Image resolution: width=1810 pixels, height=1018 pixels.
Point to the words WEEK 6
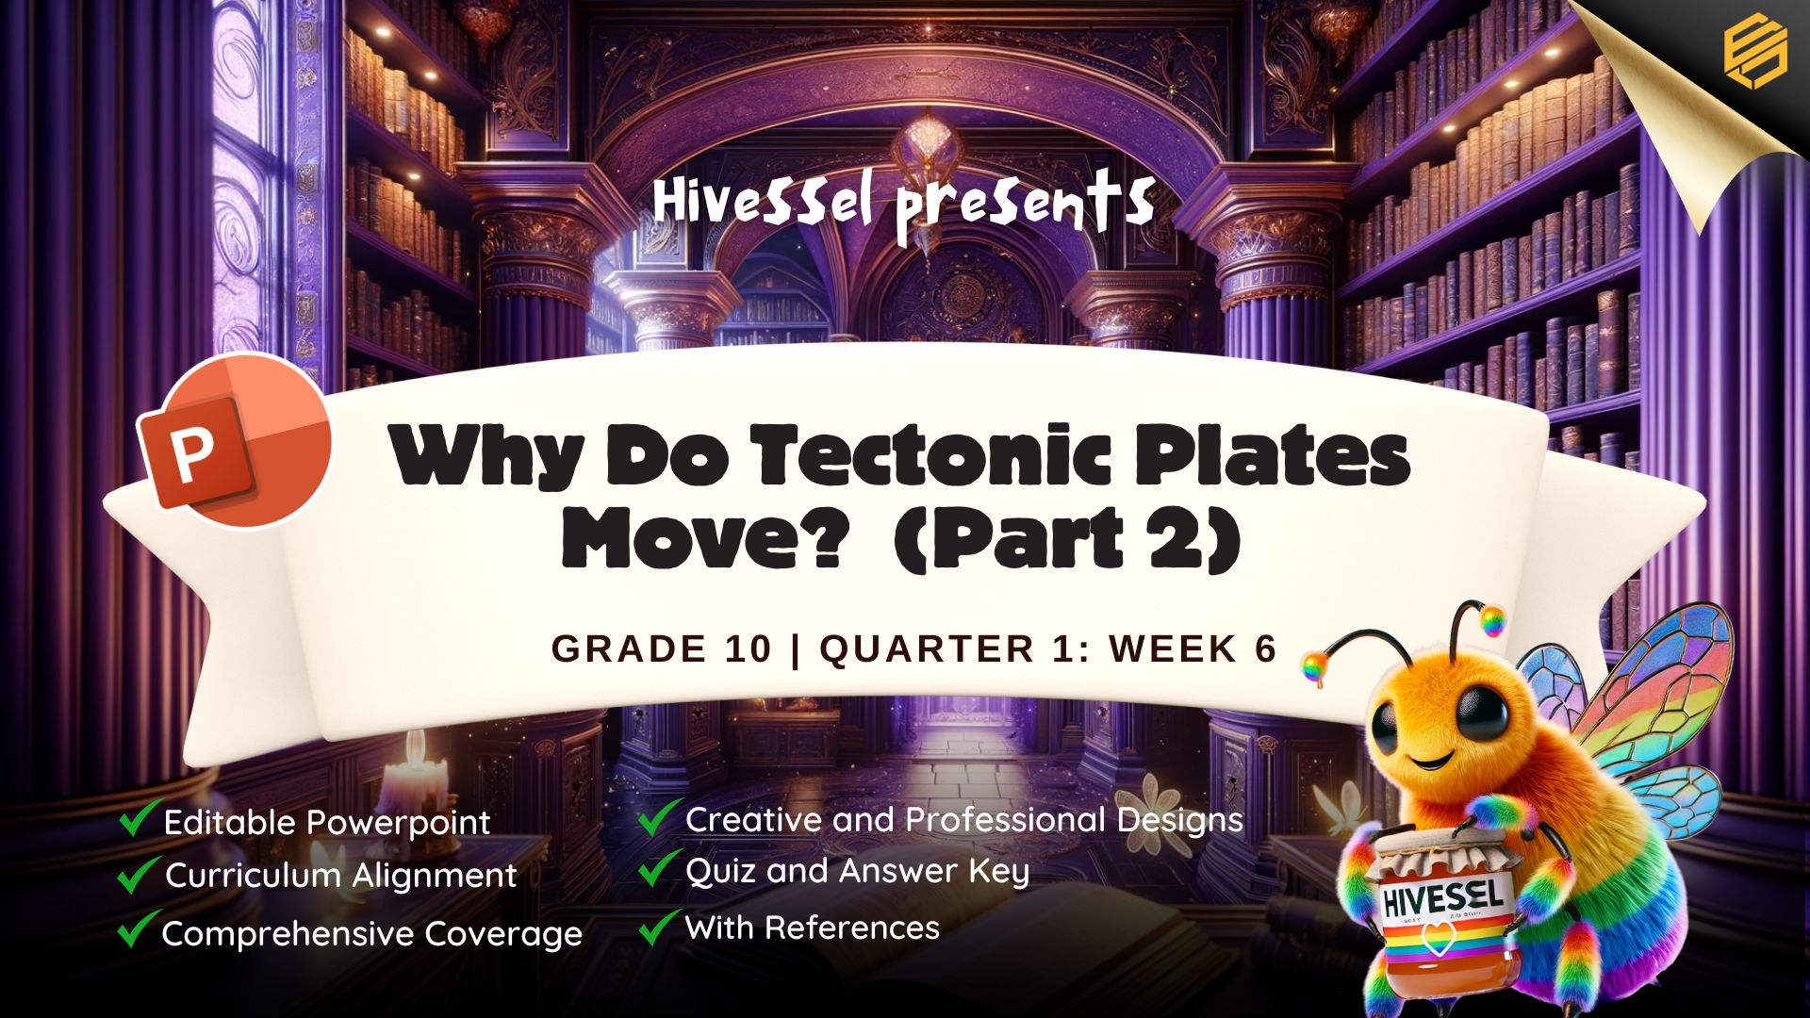point(1193,649)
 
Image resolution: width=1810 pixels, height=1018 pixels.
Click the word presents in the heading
point(1025,209)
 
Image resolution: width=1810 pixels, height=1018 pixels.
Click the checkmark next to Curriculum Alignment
point(138,873)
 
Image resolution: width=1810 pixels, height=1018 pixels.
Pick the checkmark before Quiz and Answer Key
point(659,868)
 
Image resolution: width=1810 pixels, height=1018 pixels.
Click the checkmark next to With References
point(659,927)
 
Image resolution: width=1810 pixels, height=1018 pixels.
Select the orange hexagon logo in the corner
point(1754,54)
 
